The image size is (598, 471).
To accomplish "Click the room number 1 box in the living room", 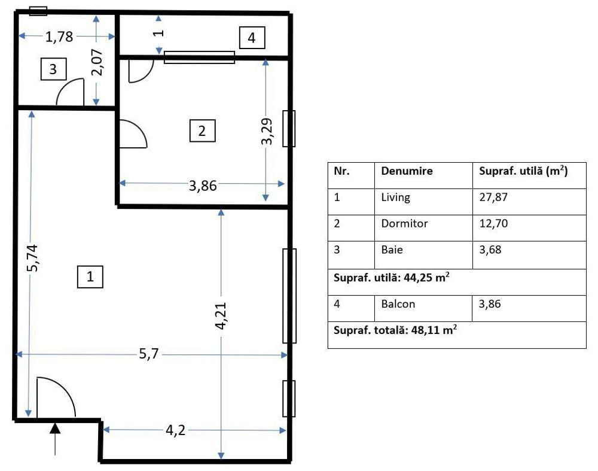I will [90, 276].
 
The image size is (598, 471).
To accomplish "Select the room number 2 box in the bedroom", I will [202, 130].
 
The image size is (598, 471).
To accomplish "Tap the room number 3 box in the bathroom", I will [53, 69].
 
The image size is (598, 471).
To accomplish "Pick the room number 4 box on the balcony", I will [252, 38].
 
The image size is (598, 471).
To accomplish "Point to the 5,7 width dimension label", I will [149, 355].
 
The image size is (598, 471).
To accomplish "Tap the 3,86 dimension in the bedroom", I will [202, 185].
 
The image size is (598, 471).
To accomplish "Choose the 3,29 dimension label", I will [267, 131].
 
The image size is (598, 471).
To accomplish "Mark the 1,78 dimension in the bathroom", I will [59, 37].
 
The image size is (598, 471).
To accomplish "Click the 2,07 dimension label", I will [97, 62].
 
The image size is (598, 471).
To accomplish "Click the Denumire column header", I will [407, 171].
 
